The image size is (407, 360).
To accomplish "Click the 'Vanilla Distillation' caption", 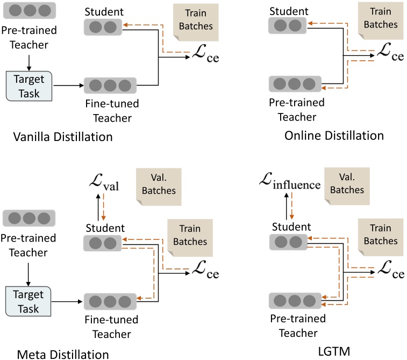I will pyautogui.click(x=63, y=137).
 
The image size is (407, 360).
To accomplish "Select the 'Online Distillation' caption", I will pyautogui.click(x=334, y=135).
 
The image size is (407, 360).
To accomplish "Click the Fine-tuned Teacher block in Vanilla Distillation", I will pyautogui.click(x=110, y=85).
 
